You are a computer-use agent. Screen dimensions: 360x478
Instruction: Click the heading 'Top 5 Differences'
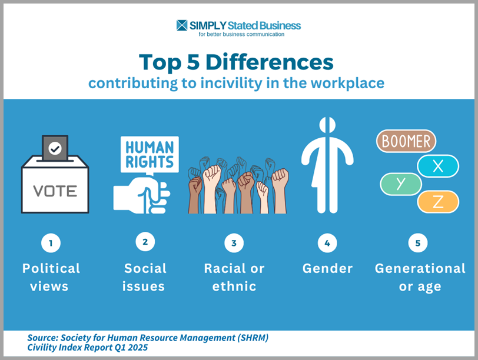[236, 62]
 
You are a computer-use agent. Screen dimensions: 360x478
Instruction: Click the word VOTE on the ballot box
[55, 191]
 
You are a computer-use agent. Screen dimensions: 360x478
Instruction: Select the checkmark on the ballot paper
[55, 149]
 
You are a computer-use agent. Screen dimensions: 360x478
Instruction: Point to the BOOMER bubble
[406, 141]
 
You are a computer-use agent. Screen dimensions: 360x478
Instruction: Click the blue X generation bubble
[437, 166]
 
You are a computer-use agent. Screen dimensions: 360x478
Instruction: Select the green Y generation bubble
[401, 184]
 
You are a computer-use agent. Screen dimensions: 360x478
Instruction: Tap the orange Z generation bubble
[437, 202]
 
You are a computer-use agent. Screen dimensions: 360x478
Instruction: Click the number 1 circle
[51, 243]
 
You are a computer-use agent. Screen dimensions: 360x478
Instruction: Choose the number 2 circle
[145, 241]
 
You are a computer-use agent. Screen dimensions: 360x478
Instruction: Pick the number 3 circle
[234, 243]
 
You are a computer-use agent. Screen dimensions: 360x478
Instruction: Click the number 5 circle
[417, 243]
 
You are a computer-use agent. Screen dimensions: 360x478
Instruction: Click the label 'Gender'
[327, 269]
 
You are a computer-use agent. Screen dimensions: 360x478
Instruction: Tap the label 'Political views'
[51, 278]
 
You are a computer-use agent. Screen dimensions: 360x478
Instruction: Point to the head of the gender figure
[327, 127]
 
